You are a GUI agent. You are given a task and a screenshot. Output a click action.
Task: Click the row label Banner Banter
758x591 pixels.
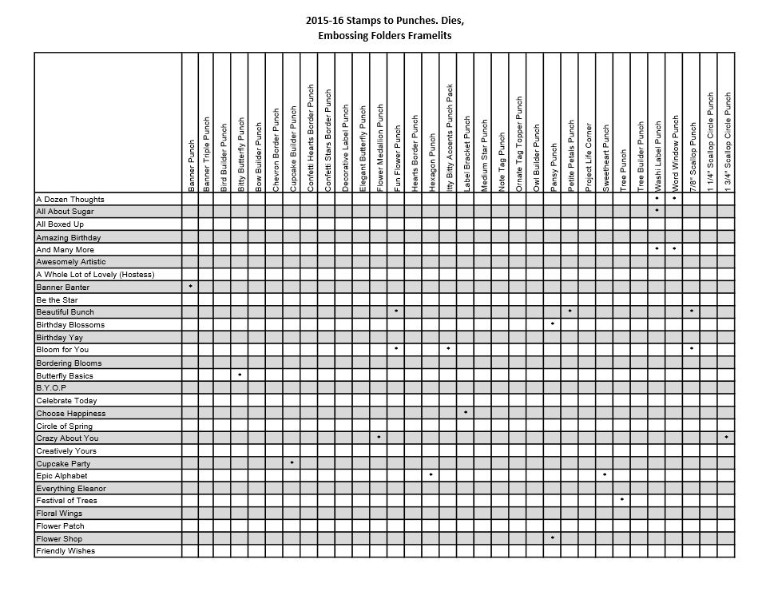coord(63,287)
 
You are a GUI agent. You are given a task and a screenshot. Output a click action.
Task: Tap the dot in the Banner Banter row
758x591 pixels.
coord(190,286)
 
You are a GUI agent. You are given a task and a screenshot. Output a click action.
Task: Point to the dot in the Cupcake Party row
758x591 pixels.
coord(292,462)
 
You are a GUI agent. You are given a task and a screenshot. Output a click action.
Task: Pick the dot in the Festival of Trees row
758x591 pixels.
coord(622,499)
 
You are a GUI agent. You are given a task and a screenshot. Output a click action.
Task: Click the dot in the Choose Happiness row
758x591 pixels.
coord(466,412)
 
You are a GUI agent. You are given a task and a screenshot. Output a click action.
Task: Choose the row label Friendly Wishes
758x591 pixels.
coord(65,551)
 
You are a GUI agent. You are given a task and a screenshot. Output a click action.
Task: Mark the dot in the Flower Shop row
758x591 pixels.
coord(553,537)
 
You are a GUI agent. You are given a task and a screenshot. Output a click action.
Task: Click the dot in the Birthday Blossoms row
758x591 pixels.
coord(553,323)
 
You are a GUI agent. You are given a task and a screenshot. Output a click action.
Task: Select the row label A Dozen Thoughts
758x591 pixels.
coord(70,199)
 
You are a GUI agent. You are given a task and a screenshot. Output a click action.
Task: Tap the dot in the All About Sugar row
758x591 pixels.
coord(657,210)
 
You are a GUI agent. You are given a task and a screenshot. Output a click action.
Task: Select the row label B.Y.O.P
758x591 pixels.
coord(51,387)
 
